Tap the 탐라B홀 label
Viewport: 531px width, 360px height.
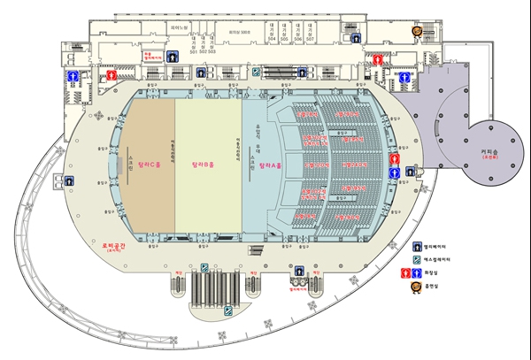(x=205, y=165)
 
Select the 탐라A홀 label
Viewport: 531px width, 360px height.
(x=271, y=165)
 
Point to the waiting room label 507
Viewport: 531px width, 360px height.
(x=311, y=40)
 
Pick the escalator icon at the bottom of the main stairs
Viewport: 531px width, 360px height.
(x=229, y=310)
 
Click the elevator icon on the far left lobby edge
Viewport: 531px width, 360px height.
(x=68, y=180)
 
